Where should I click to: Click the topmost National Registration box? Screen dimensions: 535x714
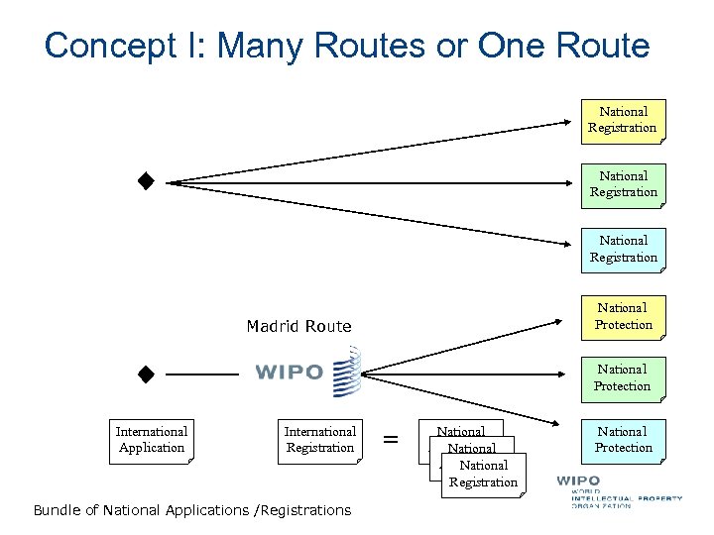point(623,121)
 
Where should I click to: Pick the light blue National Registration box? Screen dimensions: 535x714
point(624,250)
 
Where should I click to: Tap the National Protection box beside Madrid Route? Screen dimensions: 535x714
point(623,317)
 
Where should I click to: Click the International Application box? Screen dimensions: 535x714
point(152,440)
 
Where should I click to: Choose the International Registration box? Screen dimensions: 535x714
point(320,440)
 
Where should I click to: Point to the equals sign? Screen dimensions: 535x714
point(391,439)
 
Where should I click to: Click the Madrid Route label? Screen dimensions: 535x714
point(298,326)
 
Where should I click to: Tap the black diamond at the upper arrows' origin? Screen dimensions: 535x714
point(146,181)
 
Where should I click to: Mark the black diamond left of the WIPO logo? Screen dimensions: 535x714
point(146,374)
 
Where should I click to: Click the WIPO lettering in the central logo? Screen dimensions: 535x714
point(289,373)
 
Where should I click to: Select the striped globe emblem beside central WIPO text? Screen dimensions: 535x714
point(347,372)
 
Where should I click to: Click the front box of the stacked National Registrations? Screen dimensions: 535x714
point(483,475)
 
